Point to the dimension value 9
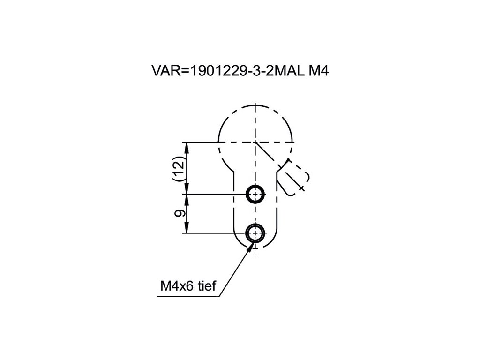(179, 214)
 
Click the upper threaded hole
(255, 194)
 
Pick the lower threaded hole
(255, 232)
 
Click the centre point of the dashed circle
(255, 142)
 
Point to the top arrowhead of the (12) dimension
(187, 146)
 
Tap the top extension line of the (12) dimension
(202, 142)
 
